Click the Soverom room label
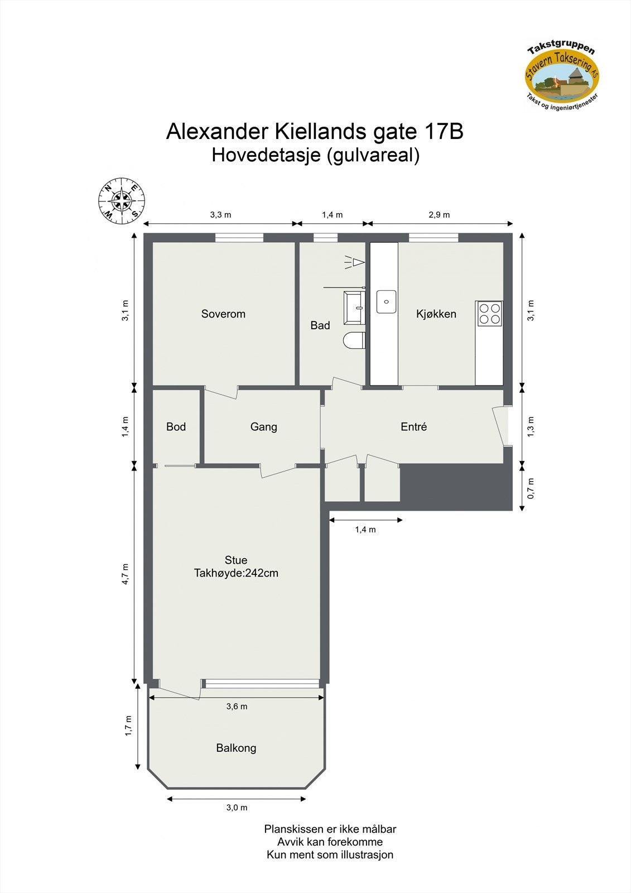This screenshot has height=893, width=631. tap(223, 314)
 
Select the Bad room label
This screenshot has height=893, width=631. tap(320, 325)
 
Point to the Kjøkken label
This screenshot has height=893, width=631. tap(436, 314)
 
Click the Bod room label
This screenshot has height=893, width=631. tap(176, 427)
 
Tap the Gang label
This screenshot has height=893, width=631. tap(263, 427)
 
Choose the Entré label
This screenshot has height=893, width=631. tap(413, 427)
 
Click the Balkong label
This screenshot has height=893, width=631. tap(236, 748)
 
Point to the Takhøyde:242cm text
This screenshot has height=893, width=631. tap(236, 573)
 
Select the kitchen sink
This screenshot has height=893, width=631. tap(386, 302)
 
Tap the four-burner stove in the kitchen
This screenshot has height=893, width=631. tap(489, 313)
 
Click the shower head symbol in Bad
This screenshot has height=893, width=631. tap(355, 261)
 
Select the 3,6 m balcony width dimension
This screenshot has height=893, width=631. tap(237, 707)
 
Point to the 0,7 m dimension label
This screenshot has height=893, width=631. tap(531, 488)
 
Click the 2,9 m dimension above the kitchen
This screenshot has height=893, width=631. tap(439, 215)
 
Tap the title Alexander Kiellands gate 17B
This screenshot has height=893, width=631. tap(315, 132)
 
